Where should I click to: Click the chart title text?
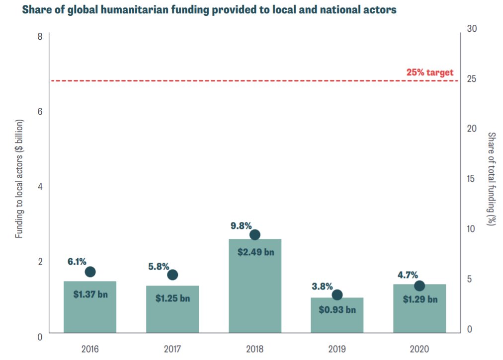(209, 10)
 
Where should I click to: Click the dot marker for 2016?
(90, 272)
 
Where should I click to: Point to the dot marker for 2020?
(419, 286)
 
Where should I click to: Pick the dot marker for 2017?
(172, 275)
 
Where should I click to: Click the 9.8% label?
(241, 225)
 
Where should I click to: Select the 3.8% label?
(322, 287)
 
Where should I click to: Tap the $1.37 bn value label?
(90, 294)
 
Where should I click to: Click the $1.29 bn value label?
(420, 299)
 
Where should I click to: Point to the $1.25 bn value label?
(172, 298)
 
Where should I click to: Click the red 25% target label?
(430, 72)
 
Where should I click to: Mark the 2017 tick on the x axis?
(172, 349)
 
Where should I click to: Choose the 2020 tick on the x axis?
(419, 349)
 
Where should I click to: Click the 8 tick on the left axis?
(40, 37)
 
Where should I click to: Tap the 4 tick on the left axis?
(40, 187)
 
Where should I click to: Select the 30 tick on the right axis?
(472, 29)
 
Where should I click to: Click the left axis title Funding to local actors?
(19, 179)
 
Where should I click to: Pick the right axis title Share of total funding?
(491, 179)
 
